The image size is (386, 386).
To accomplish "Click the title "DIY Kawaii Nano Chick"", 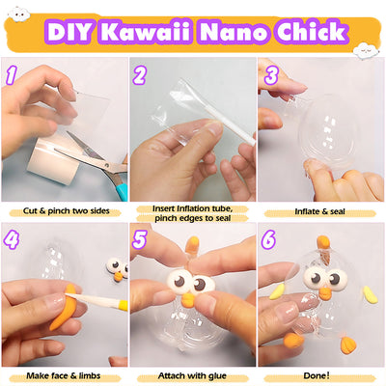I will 193,31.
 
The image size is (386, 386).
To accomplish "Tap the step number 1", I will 12,75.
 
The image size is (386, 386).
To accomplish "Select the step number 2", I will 140,75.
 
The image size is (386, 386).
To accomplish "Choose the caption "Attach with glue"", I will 192,373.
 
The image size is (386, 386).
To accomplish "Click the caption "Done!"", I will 321,373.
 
